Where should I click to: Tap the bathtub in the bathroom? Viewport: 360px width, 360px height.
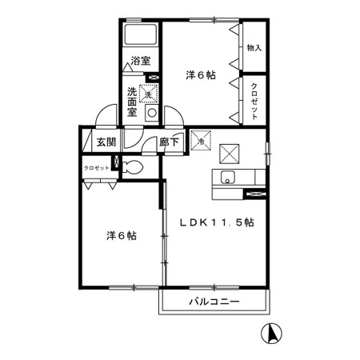[142, 35]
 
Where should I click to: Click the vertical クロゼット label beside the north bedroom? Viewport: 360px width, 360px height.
[254, 101]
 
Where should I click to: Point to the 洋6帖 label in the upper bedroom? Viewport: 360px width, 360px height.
[201, 75]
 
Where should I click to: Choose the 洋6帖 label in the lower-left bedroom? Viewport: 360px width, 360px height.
[120, 236]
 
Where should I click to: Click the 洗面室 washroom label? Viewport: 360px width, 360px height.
[133, 102]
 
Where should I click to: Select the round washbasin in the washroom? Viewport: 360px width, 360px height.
[150, 113]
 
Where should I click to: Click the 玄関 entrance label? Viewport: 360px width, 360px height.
[106, 142]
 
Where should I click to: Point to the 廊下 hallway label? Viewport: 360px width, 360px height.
[169, 142]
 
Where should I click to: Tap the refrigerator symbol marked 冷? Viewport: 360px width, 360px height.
[200, 140]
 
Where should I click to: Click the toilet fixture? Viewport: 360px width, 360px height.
[134, 168]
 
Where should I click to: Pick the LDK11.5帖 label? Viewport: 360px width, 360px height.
[216, 222]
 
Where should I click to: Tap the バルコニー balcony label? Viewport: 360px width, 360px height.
[215, 302]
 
